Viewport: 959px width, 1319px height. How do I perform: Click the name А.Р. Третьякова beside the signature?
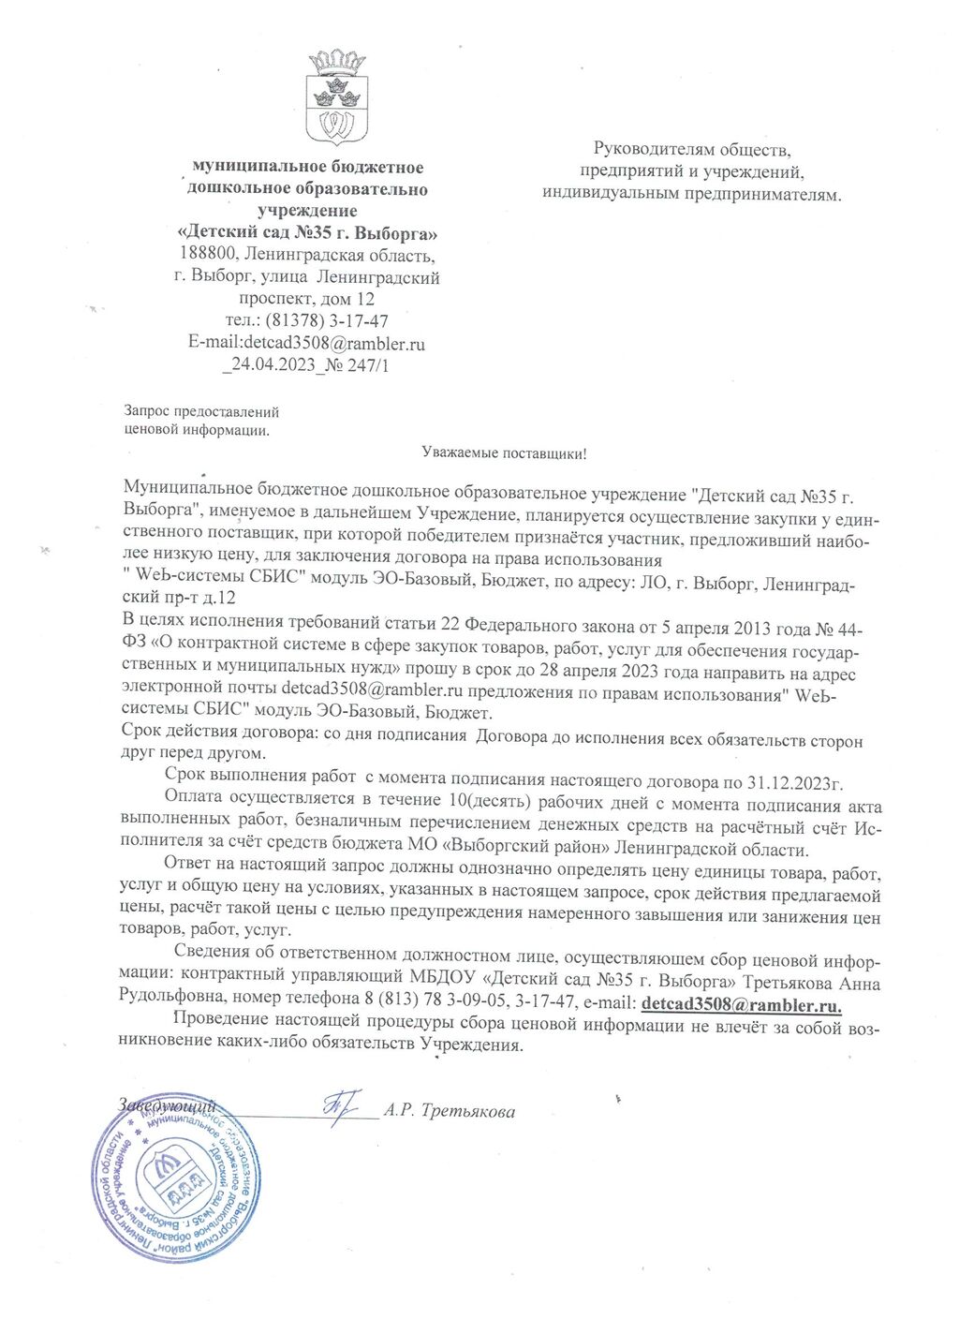click(450, 1112)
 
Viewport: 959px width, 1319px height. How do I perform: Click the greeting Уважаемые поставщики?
click(504, 454)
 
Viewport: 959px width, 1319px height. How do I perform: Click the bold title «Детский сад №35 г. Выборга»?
click(306, 233)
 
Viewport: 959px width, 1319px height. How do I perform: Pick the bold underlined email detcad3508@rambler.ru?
click(740, 1004)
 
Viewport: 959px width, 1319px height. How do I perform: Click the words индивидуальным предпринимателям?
click(691, 195)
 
